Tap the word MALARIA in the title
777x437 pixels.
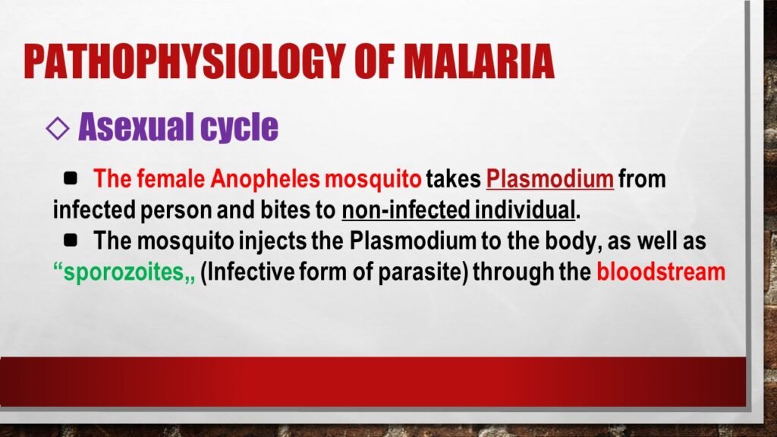click(x=480, y=61)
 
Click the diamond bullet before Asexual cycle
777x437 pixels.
click(x=57, y=128)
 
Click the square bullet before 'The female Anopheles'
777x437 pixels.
click(x=71, y=179)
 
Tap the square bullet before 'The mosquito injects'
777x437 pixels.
click(x=71, y=241)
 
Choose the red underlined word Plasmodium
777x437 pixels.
click(x=550, y=180)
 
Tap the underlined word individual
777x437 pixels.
click(x=520, y=210)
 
